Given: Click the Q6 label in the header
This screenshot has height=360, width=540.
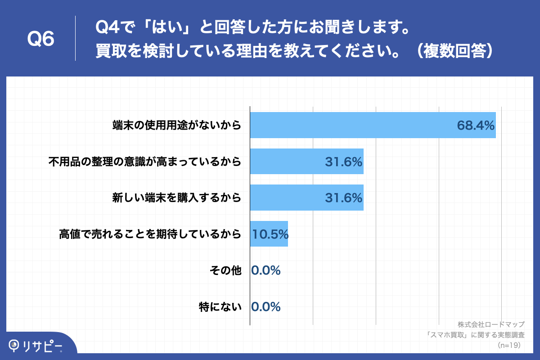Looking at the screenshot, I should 41,39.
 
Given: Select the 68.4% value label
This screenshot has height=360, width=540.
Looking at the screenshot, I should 476,125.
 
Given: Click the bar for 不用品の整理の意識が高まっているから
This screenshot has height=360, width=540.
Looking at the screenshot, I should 306,162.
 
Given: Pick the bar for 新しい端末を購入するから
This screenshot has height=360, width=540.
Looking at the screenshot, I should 306,198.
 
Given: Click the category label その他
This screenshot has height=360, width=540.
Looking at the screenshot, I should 226,270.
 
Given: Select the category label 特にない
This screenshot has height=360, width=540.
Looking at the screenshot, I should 220,307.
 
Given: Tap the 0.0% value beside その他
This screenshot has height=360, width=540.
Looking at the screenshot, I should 266,270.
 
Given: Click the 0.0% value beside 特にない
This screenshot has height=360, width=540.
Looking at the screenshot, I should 266,307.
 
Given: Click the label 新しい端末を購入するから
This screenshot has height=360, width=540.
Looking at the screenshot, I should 177,198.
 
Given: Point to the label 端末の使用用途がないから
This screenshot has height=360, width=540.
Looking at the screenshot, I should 177,125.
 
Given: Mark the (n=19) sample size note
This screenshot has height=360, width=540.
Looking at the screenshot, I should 508,345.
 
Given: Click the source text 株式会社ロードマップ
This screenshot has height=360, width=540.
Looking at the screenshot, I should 491,324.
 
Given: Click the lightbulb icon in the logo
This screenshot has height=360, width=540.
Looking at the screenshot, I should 14,345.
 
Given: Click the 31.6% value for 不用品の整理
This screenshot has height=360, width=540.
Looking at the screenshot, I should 344,162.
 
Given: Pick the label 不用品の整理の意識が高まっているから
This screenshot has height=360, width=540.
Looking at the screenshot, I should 145,162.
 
